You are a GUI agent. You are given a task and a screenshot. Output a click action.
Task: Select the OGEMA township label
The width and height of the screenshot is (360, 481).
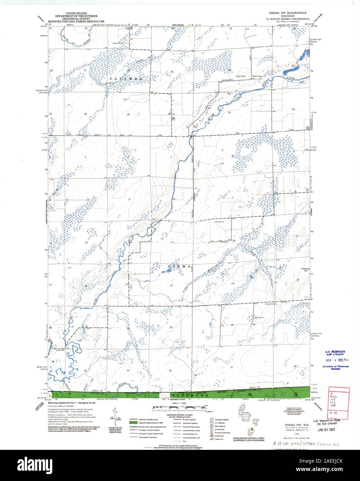tap(179, 266)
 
